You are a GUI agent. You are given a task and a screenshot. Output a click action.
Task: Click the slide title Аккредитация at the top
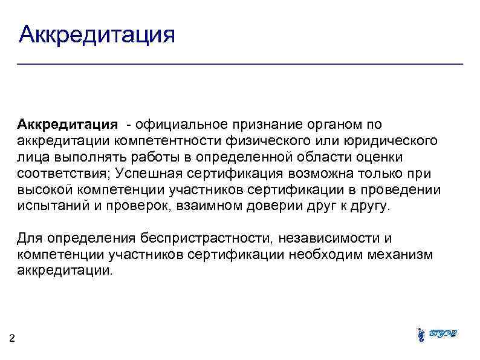[97, 34]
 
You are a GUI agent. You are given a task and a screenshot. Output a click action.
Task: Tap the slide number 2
[13, 338]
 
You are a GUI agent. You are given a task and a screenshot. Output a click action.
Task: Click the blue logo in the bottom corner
[437, 334]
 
